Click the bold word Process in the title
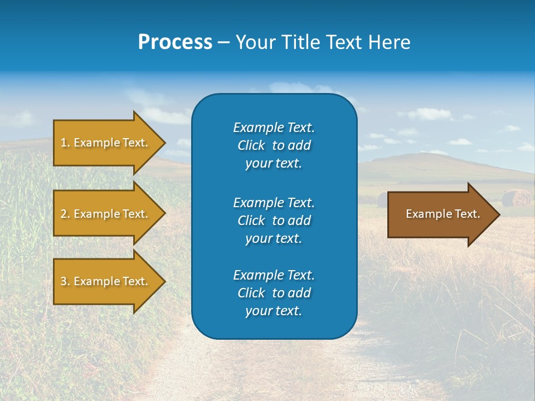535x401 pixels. (175, 42)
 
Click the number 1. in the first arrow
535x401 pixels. (65, 143)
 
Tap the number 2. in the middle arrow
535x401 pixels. (65, 214)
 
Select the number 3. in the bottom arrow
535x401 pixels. (65, 281)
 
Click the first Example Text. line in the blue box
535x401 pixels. (274, 128)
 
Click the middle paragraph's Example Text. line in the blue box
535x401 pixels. (274, 202)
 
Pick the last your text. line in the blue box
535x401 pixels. (274, 311)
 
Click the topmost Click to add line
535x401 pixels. (274, 145)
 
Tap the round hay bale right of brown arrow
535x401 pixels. (516, 198)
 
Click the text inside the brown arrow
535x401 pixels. (442, 214)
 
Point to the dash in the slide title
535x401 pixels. (223, 43)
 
